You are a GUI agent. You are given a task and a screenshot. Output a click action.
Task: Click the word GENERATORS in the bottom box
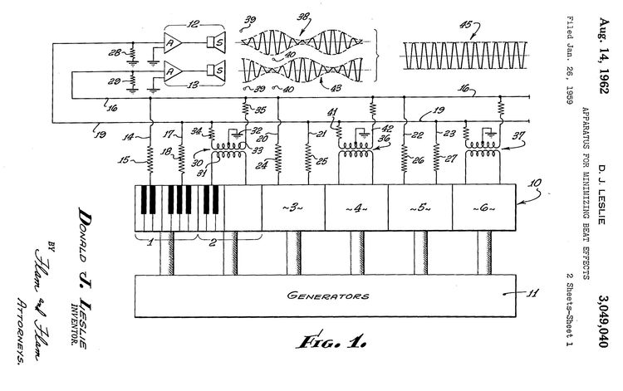(328, 295)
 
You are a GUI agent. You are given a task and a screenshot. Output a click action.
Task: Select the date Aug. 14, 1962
(605, 50)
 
